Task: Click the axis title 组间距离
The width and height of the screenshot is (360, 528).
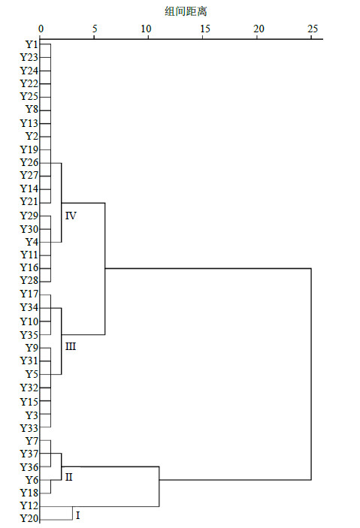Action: (x=186, y=11)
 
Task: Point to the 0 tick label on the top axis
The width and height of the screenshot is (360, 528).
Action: (x=41, y=29)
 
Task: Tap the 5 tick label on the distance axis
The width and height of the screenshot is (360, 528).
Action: (x=95, y=29)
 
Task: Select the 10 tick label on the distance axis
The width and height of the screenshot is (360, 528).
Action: (x=147, y=29)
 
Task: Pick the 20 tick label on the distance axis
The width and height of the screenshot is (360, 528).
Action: (x=259, y=29)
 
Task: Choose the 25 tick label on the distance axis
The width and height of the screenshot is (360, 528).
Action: (x=313, y=29)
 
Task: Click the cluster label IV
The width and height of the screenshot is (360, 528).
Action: (x=71, y=216)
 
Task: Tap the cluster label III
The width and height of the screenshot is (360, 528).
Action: (x=71, y=346)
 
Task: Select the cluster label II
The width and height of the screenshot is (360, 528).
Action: (x=68, y=477)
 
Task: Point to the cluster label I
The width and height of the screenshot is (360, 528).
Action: (x=78, y=515)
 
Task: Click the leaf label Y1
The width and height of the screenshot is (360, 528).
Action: (x=32, y=44)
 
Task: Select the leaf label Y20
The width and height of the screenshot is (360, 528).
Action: (x=29, y=518)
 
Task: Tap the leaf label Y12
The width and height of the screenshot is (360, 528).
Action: (x=29, y=505)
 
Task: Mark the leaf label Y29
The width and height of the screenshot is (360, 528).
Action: (x=29, y=216)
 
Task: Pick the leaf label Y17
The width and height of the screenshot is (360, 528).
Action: (x=29, y=294)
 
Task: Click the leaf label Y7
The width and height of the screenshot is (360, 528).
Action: (x=32, y=440)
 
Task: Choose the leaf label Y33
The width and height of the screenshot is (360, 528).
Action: (x=29, y=428)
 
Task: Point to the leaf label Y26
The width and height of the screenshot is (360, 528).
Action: (x=29, y=163)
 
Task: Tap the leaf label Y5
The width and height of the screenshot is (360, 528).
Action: (x=32, y=374)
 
